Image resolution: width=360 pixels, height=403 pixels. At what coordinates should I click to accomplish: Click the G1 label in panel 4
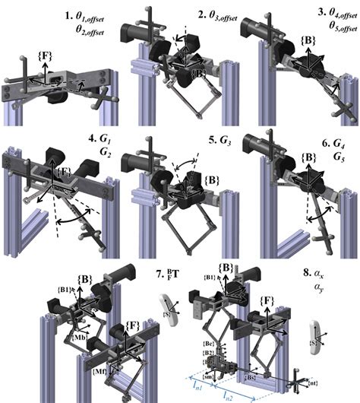pos(99,140)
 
